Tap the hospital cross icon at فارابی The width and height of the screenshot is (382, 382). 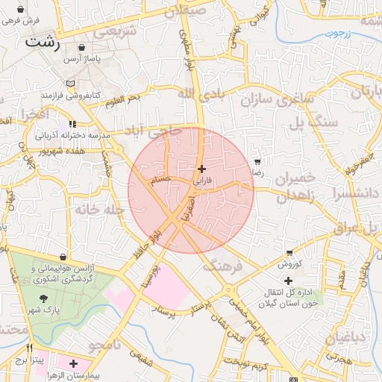click(202, 169)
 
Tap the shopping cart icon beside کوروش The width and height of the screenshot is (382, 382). click(289, 254)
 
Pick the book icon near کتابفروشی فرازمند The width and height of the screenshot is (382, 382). click(71, 84)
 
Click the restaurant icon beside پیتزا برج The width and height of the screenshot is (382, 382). click(30, 348)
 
